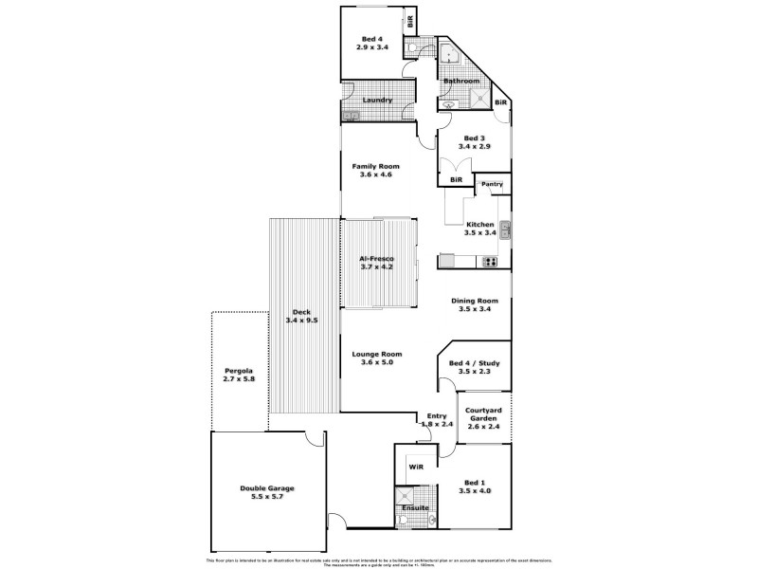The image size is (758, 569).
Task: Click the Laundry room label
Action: (379, 99)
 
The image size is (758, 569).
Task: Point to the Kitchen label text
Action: (481, 224)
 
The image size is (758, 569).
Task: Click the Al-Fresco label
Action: (376, 259)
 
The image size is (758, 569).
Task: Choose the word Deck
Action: (301, 312)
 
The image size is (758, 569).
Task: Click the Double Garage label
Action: (266, 488)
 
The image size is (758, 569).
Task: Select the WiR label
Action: (415, 468)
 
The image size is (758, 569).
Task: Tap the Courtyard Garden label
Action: (484, 413)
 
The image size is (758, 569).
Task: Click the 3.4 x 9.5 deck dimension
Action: (301, 320)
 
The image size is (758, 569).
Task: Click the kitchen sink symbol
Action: (505, 229)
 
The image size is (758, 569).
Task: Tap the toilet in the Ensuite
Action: (431, 518)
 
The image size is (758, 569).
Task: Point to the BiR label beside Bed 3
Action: (456, 178)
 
